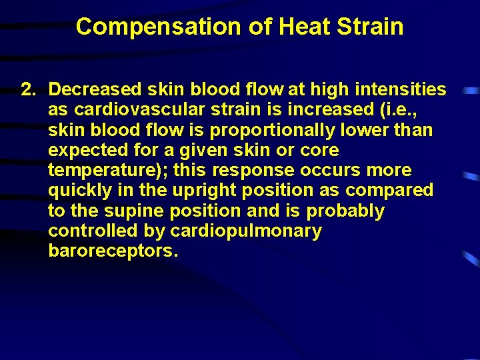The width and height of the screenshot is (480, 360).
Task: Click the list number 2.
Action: tap(28, 89)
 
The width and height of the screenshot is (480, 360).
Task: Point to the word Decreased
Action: tap(93, 89)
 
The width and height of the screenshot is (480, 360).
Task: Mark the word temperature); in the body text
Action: tap(107, 170)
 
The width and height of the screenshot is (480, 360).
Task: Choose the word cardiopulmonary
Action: tap(246, 231)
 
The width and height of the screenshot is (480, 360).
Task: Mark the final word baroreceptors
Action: tap(113, 251)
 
